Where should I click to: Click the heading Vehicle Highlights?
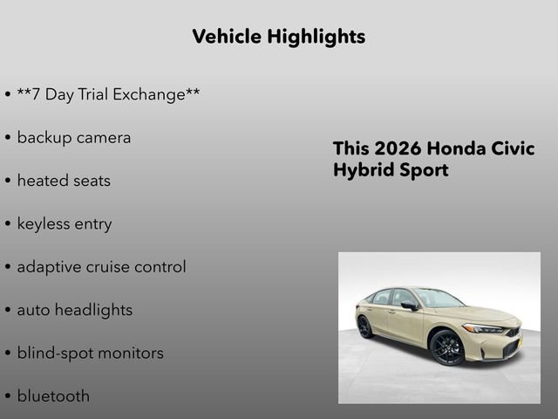(278, 37)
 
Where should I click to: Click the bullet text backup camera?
(74, 138)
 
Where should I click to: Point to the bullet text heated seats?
(64, 181)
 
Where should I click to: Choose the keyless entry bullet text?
(65, 224)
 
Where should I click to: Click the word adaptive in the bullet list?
(49, 267)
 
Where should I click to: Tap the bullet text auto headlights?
(75, 310)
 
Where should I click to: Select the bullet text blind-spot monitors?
(90, 354)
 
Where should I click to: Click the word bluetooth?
(53, 396)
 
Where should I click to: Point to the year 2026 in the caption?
(399, 148)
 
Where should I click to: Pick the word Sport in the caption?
(423, 170)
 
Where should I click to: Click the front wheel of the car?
(448, 347)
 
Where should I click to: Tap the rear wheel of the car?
(364, 326)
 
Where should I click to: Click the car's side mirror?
(409, 306)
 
